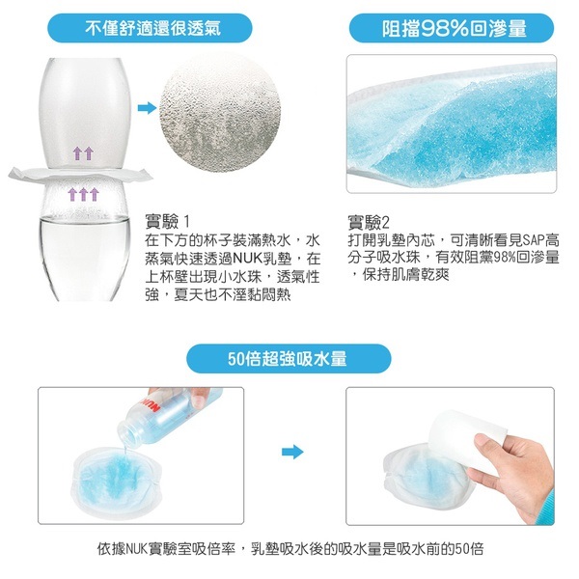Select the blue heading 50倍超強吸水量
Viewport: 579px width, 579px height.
pos(288,359)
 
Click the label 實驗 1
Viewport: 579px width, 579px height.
pos(168,222)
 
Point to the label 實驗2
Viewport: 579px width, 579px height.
pos(369,222)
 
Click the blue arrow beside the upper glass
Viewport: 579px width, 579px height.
pos(147,108)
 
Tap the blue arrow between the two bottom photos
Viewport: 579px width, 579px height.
pos(292,452)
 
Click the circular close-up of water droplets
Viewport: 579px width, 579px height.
pos(220,118)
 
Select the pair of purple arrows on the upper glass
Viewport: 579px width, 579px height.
pos(83,153)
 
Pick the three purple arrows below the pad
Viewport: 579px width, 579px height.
pos(84,194)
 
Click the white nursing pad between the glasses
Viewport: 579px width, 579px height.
pos(80,176)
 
